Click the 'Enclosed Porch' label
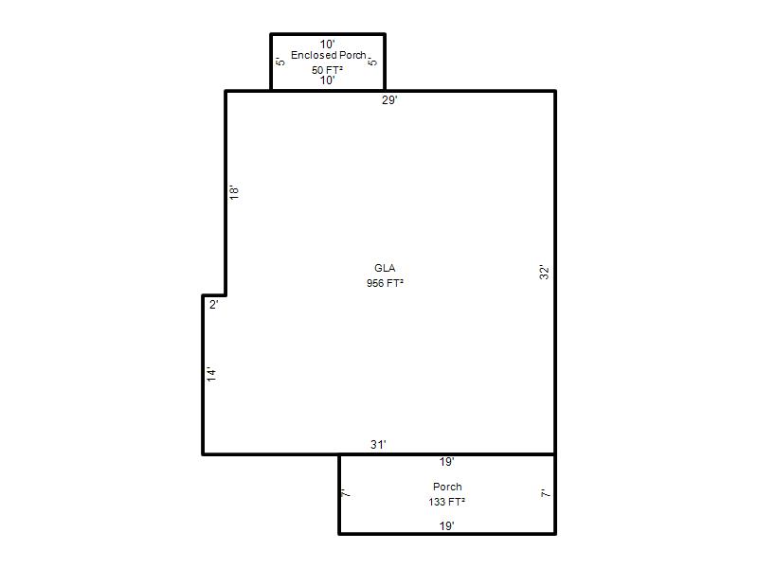[328, 56]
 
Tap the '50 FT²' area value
[327, 70]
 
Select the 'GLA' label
[385, 268]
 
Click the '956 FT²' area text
[385, 283]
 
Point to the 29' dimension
[389, 100]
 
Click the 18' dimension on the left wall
[234, 192]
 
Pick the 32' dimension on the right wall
[544, 272]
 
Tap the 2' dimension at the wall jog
[214, 304]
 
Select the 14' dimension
[211, 374]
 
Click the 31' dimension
[378, 444]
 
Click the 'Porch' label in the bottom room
[447, 487]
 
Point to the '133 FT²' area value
[446, 502]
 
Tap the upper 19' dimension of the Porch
[446, 462]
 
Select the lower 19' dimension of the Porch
[446, 526]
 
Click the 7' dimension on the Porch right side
[545, 493]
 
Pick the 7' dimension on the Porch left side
[345, 493]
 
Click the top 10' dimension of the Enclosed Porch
[327, 44]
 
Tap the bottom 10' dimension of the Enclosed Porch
[327, 80]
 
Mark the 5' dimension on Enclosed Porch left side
[280, 62]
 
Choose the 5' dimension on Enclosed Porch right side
[372, 62]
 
